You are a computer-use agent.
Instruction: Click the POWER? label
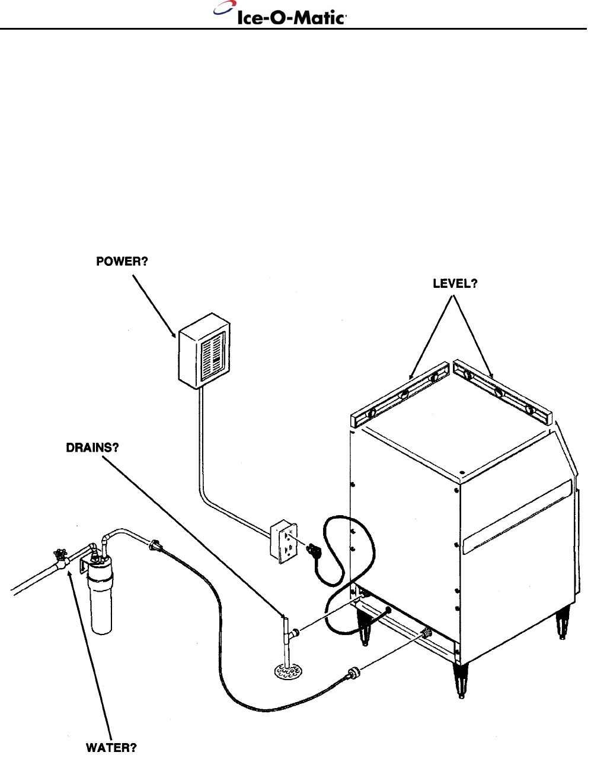click(122, 262)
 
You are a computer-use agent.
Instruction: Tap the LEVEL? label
click(455, 284)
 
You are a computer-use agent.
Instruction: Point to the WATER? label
click(112, 748)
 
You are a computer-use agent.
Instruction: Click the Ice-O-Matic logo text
click(291, 17)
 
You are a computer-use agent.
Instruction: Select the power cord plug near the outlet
click(311, 550)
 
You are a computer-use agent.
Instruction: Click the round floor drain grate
click(288, 671)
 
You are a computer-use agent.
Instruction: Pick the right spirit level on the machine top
click(501, 392)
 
